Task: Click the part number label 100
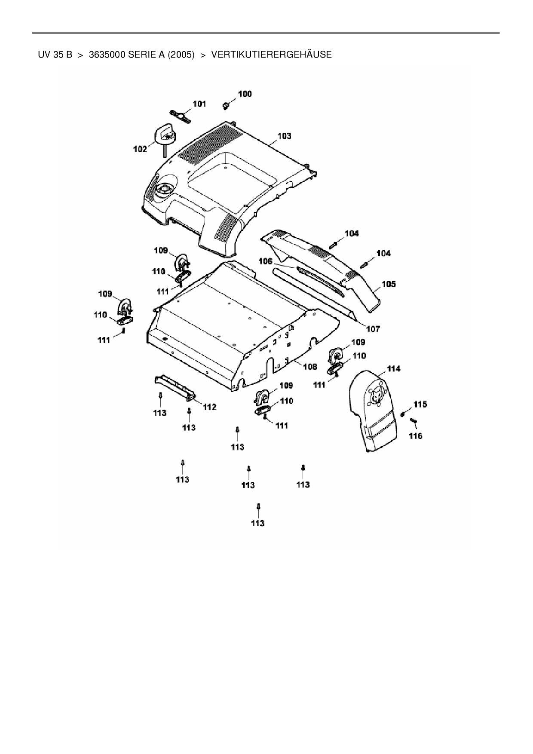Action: click(245, 94)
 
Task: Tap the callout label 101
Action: click(199, 104)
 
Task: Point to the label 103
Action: click(284, 136)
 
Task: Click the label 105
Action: click(389, 284)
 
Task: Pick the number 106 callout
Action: click(265, 261)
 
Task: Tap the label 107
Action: click(373, 329)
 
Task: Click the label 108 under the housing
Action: click(310, 367)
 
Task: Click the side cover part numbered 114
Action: click(373, 413)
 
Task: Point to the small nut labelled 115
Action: click(403, 414)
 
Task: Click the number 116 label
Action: click(415, 436)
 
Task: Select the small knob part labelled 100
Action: click(225, 104)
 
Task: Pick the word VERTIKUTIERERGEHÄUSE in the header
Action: click(271, 55)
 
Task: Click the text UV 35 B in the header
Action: click(55, 55)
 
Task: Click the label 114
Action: click(393, 368)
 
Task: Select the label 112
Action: click(209, 407)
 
